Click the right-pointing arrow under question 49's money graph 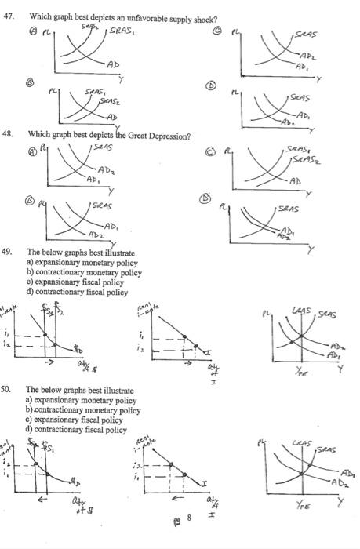tap(49, 364)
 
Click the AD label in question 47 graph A tap(115, 64)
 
